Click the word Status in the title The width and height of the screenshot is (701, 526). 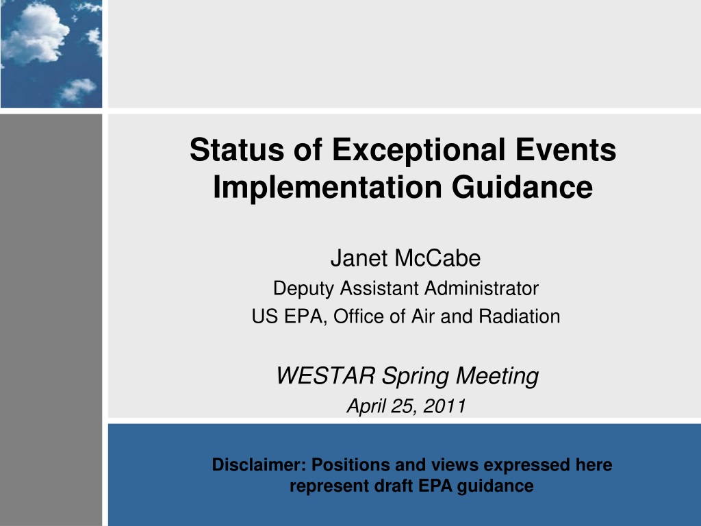237,149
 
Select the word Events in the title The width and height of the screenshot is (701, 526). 566,149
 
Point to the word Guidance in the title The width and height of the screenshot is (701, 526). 522,187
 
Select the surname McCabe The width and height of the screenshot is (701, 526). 437,258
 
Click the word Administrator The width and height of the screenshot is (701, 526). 481,288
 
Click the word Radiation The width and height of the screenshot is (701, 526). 519,316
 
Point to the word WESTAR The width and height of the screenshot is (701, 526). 326,375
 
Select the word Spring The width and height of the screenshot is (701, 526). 415,377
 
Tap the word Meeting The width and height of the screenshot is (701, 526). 497,377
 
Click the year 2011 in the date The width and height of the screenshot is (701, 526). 444,406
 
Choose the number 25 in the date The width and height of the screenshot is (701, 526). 401,406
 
